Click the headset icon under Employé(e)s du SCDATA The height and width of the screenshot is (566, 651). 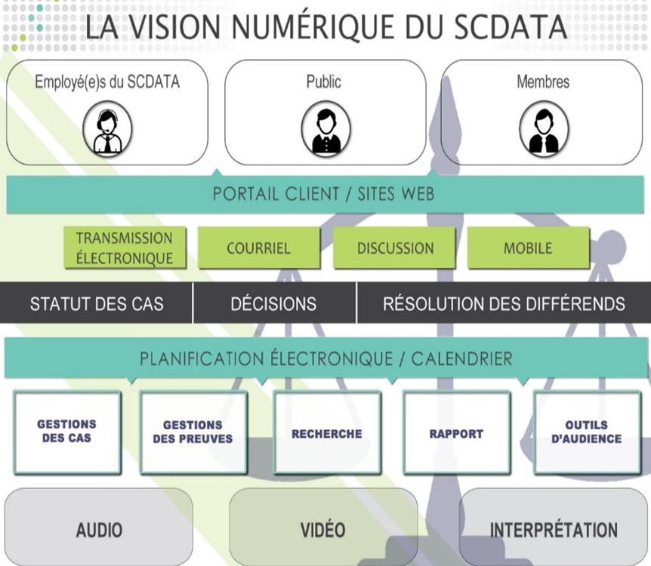[107, 129]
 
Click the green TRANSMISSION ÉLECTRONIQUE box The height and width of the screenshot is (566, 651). [125, 248]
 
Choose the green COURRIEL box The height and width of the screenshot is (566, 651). [258, 248]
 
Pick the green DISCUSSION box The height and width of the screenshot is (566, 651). [395, 248]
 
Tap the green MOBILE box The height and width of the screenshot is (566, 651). [528, 248]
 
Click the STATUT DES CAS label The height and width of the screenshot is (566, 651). [97, 304]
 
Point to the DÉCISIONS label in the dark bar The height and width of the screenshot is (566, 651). [273, 304]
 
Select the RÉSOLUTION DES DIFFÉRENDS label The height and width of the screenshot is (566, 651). [504, 304]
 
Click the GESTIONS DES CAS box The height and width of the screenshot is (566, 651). [67, 432]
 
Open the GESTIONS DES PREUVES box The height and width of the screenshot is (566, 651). [193, 432]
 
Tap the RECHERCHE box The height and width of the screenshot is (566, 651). [327, 434]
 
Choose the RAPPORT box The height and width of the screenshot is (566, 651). [456, 434]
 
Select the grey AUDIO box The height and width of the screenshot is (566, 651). [99, 530]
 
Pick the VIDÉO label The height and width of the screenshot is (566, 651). [323, 530]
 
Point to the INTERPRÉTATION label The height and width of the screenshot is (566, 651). [554, 530]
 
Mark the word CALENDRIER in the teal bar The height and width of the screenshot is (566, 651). [461, 358]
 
